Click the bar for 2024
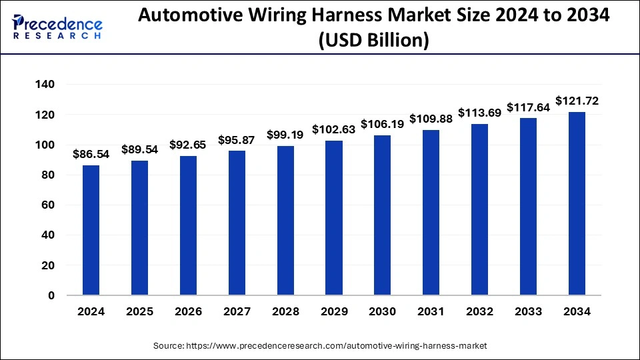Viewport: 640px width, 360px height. click(x=91, y=230)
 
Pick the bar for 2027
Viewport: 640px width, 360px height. click(x=237, y=223)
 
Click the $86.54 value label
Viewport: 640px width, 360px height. click(x=91, y=154)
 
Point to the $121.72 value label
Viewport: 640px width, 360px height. click(x=577, y=101)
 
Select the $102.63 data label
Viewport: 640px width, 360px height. click(x=334, y=129)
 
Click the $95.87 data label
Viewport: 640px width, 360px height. click(x=237, y=140)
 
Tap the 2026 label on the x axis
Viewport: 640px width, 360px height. click(x=188, y=311)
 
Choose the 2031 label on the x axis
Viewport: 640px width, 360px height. click(x=431, y=311)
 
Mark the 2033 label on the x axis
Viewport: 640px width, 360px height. click(x=529, y=311)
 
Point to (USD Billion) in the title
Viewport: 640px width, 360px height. click(x=373, y=40)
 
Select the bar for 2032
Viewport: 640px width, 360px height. click(x=480, y=209)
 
